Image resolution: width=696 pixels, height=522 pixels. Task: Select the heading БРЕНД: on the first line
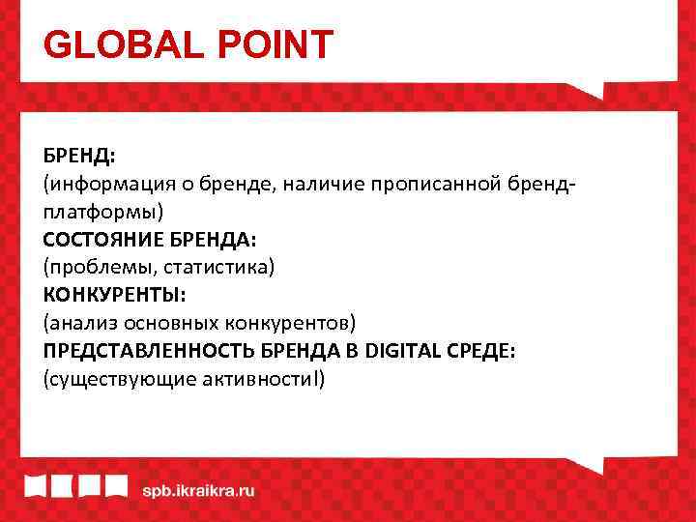pyautogui.click(x=79, y=156)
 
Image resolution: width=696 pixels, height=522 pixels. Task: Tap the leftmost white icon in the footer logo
pyautogui.click(x=38, y=488)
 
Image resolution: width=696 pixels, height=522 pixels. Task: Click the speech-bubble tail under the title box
pyautogui.click(x=591, y=90)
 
